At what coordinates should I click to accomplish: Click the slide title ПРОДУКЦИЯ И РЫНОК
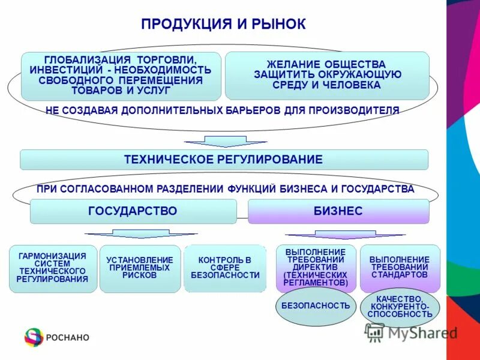pos(224,25)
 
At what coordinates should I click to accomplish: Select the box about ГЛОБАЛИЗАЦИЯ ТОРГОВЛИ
pos(121,76)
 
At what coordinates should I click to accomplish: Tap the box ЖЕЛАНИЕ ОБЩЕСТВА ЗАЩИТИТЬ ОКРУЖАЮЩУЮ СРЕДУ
pos(327,75)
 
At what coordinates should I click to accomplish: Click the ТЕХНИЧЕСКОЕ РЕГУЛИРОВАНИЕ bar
pos(224,160)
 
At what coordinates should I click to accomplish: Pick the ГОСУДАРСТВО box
pos(133,211)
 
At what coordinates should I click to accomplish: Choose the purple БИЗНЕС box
pos(338,211)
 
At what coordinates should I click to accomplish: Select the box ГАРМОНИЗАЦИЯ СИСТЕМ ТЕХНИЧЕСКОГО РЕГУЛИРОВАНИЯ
pos(53,268)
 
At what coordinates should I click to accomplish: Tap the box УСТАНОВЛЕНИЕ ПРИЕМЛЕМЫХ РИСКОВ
pos(140,268)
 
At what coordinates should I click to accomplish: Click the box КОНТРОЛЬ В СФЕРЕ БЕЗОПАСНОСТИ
pos(225,268)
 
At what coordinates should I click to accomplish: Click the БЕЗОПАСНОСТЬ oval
pos(315,305)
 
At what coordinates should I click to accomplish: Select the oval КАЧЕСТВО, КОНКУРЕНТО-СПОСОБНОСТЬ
pos(400,306)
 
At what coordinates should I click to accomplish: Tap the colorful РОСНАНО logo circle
pos(34,337)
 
